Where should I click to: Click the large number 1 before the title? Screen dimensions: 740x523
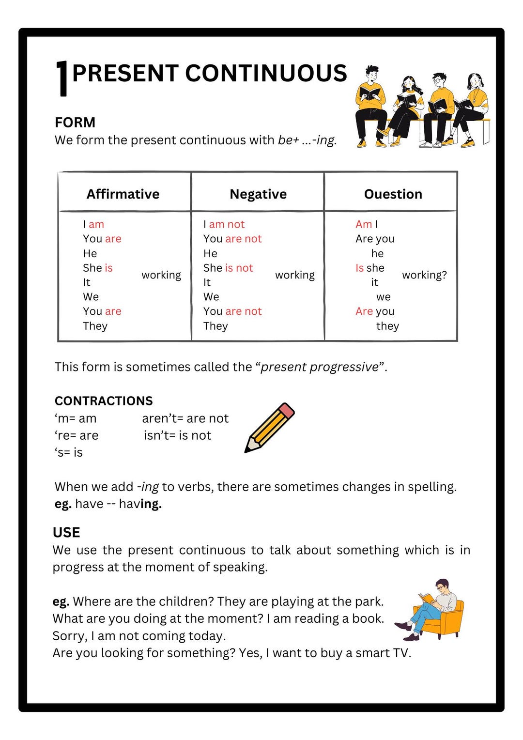pyautogui.click(x=62, y=78)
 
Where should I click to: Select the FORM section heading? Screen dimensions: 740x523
pyautogui.click(x=75, y=122)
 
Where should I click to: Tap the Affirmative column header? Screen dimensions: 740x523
pyautogui.click(x=123, y=194)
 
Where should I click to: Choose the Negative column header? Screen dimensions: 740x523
pyautogui.click(x=258, y=194)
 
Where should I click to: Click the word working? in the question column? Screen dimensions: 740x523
pyautogui.click(x=424, y=275)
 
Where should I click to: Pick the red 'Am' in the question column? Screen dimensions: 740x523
pyautogui.click(x=363, y=224)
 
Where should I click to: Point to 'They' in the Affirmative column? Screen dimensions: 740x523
pyautogui.click(x=95, y=326)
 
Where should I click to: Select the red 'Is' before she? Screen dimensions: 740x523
pyautogui.click(x=359, y=268)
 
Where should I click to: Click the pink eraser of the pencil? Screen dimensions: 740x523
pyautogui.click(x=286, y=411)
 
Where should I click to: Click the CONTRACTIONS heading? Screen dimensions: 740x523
pyautogui.click(x=104, y=401)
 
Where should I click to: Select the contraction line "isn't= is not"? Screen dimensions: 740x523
pyautogui.click(x=177, y=435)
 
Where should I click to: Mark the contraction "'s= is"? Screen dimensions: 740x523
pyautogui.click(x=69, y=452)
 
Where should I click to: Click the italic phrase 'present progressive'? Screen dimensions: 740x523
pyautogui.click(x=320, y=367)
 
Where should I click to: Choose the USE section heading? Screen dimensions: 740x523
pyautogui.click(x=66, y=532)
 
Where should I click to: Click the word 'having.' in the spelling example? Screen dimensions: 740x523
pyautogui.click(x=140, y=504)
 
